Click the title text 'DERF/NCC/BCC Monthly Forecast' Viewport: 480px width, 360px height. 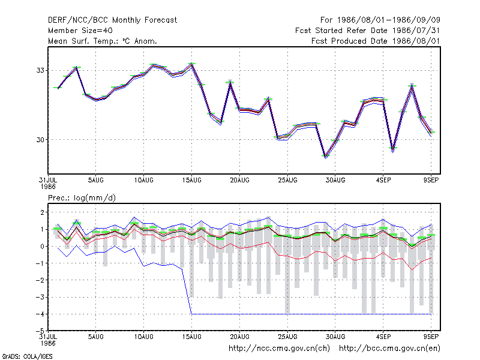[112, 20]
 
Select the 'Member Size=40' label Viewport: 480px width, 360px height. [80, 31]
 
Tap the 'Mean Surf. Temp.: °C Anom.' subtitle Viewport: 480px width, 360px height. [102, 41]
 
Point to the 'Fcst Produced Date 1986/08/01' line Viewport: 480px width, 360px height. [376, 41]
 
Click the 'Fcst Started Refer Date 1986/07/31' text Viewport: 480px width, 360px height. [368, 31]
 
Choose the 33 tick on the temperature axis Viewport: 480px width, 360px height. [40, 70]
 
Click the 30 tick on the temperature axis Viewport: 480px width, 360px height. [40, 140]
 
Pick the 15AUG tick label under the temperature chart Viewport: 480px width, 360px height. [191, 181]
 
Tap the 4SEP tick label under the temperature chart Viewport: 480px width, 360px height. [383, 181]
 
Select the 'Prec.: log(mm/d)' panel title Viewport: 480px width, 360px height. [82, 198]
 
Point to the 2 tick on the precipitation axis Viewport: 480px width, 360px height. [42, 212]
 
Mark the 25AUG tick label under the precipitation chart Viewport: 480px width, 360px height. [287, 337]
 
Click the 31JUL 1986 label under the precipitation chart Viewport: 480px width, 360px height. [48, 340]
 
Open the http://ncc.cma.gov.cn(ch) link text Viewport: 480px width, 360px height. [279, 349]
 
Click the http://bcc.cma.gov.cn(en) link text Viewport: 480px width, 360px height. [389, 349]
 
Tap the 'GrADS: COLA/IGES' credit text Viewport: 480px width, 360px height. [27, 356]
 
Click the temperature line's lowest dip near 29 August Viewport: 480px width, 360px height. [325, 157]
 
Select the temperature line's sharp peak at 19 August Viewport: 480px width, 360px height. [230, 82]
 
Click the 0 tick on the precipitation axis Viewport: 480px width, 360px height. [42, 247]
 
